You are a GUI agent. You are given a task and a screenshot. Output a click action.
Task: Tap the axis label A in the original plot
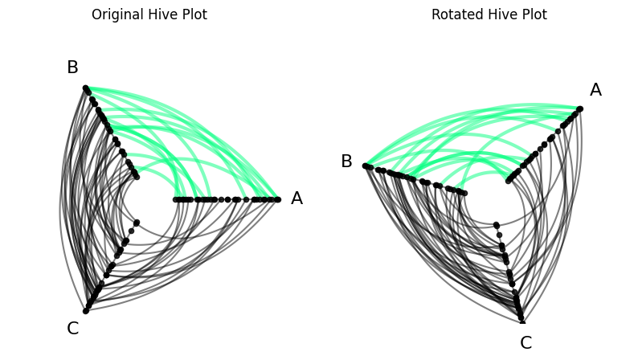coord(297,198)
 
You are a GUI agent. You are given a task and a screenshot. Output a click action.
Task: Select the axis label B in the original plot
coord(72,67)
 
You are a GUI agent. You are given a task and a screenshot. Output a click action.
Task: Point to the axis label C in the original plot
coord(73,329)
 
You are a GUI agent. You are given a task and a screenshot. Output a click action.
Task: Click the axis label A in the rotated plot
coord(595,89)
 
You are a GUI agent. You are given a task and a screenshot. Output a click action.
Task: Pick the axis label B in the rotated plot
coord(346,161)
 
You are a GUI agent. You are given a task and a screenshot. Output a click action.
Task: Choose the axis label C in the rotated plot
coord(526,343)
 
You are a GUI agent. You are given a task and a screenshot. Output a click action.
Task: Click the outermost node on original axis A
coord(278,200)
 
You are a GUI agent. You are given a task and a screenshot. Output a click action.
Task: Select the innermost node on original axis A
coord(176,200)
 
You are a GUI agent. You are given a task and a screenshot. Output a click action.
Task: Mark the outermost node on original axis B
coord(85,88)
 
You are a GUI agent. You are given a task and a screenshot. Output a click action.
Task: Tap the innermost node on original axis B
coord(137,177)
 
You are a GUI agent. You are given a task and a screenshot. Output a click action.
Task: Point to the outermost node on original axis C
coord(86,311)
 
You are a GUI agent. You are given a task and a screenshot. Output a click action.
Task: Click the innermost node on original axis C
coord(137,223)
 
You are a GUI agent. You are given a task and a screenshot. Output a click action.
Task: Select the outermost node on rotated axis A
coord(580,109)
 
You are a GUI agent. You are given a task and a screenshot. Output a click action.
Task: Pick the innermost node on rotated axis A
coord(508,181)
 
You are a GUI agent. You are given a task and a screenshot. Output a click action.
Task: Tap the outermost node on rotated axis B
coord(366,166)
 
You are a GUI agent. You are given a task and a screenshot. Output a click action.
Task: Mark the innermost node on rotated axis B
coord(464,193)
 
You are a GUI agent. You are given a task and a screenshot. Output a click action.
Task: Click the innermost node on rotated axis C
coord(497,225)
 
